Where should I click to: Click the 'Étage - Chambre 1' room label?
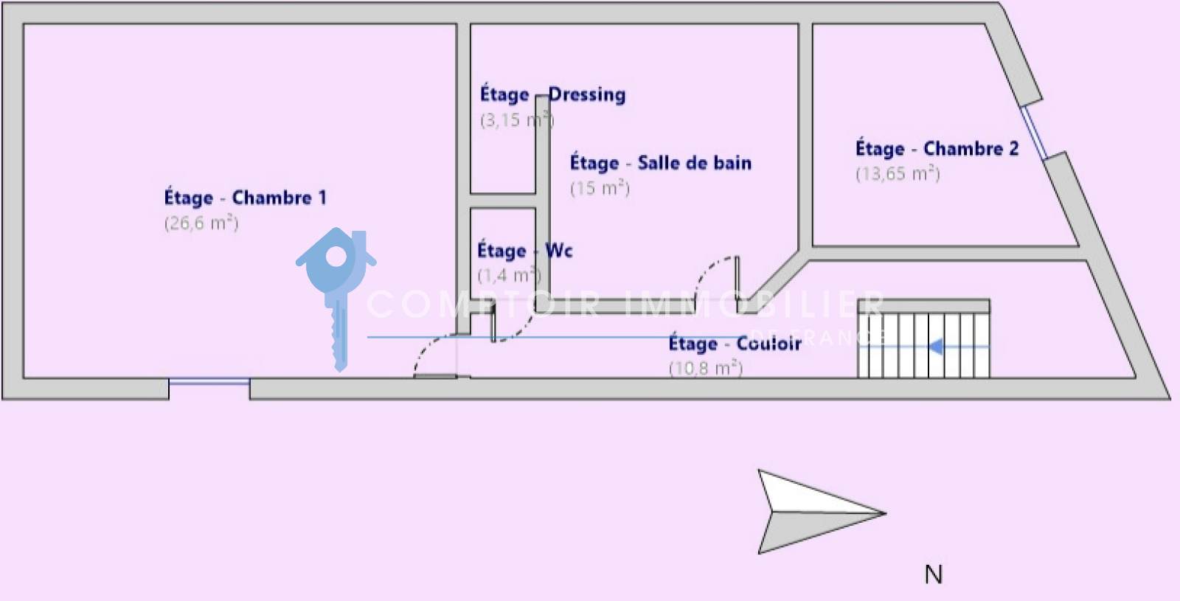pos(245,198)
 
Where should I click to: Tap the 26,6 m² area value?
pos(201,223)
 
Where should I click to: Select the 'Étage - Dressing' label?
pos(552,94)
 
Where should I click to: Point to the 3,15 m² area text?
pos(516,119)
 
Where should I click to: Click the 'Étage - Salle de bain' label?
pos(660,163)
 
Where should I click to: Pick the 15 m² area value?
pos(600,188)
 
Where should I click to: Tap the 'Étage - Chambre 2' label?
pos(937,149)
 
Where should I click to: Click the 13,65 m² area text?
pos(898,174)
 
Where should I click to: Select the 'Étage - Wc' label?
pos(524,251)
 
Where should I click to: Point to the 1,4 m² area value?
pos(509,276)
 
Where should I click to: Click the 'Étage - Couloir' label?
pos(735,344)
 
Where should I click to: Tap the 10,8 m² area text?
pos(705,368)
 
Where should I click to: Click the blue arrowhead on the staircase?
pos(935,346)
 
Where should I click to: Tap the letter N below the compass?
pos(933,574)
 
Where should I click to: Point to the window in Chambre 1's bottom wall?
pos(209,381)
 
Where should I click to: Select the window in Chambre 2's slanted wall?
pos(1033,133)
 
